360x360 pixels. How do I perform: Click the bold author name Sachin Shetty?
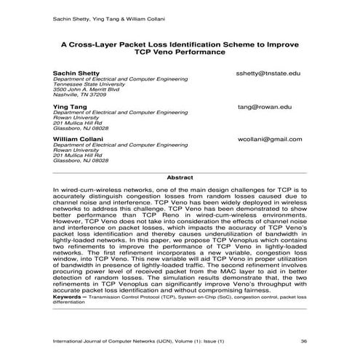[76, 74]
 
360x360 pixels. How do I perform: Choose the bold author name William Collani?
[78, 139]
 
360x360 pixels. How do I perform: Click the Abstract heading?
[180, 177]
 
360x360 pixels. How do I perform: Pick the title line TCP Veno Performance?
[180, 52]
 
